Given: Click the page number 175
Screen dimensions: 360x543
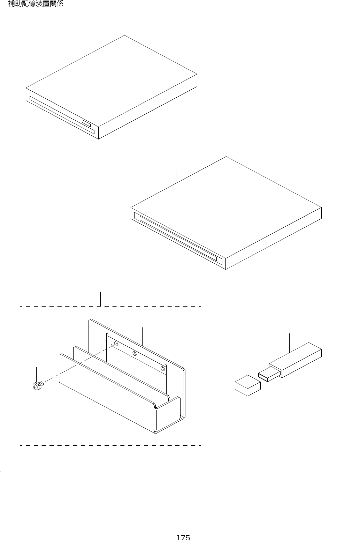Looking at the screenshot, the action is [183, 537].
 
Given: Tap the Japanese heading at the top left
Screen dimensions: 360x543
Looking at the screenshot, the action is [36, 5].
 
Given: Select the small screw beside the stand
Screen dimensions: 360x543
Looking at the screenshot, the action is [37, 386].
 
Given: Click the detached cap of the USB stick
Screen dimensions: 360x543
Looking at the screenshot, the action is [248, 385].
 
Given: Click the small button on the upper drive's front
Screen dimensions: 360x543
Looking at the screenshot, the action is [86, 123].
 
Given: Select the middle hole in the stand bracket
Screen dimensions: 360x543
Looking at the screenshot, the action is [135, 353].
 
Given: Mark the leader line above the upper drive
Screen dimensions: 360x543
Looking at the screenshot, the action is [80, 51].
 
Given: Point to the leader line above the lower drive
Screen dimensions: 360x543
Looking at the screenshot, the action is [176, 176].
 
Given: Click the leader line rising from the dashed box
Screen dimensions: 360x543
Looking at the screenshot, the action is [101, 299].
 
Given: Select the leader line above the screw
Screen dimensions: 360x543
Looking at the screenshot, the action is [37, 374].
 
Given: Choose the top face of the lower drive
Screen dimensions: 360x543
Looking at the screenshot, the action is [227, 206].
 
